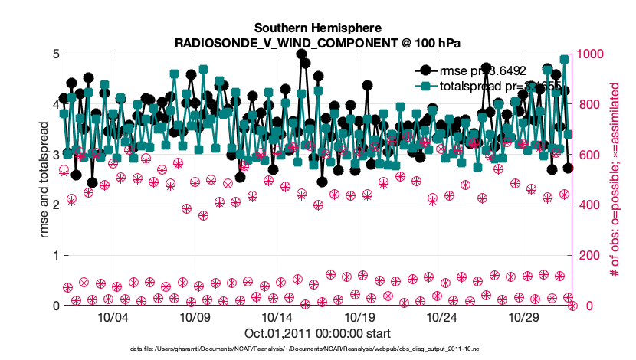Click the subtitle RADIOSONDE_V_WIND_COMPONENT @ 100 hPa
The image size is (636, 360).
coord(318,41)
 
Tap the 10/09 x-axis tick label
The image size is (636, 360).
coord(195,317)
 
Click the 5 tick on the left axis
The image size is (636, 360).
coord(55,54)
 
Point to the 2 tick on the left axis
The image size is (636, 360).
coord(55,205)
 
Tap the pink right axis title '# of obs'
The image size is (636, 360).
coord(614,180)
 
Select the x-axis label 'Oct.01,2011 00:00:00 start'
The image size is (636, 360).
coord(317,333)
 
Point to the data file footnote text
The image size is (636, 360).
coord(317,349)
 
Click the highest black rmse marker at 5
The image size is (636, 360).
coord(302,54)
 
